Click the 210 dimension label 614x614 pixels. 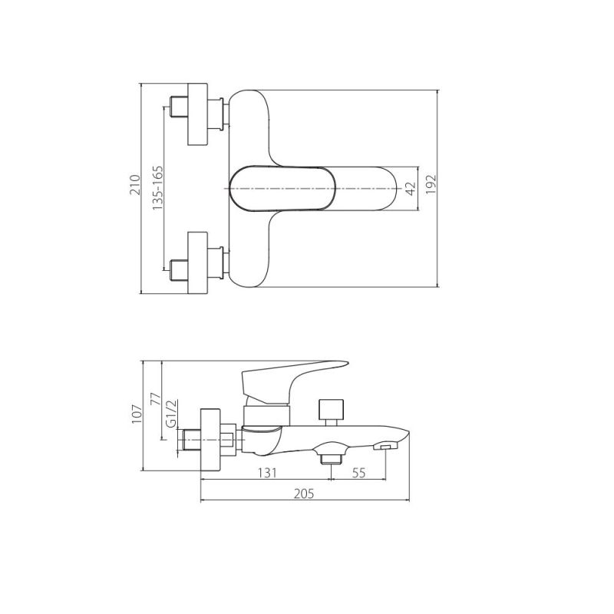coord(135,185)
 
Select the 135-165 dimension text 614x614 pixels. coord(158,188)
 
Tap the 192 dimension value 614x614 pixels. coord(431,184)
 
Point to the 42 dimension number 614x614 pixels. coord(411,189)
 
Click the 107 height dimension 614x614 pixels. coord(137,414)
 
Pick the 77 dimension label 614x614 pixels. coord(156,398)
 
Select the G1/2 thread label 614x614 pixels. coord(172,413)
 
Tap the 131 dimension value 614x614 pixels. coord(267,473)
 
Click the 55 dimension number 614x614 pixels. coord(358,473)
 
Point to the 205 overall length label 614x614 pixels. coord(304,494)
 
